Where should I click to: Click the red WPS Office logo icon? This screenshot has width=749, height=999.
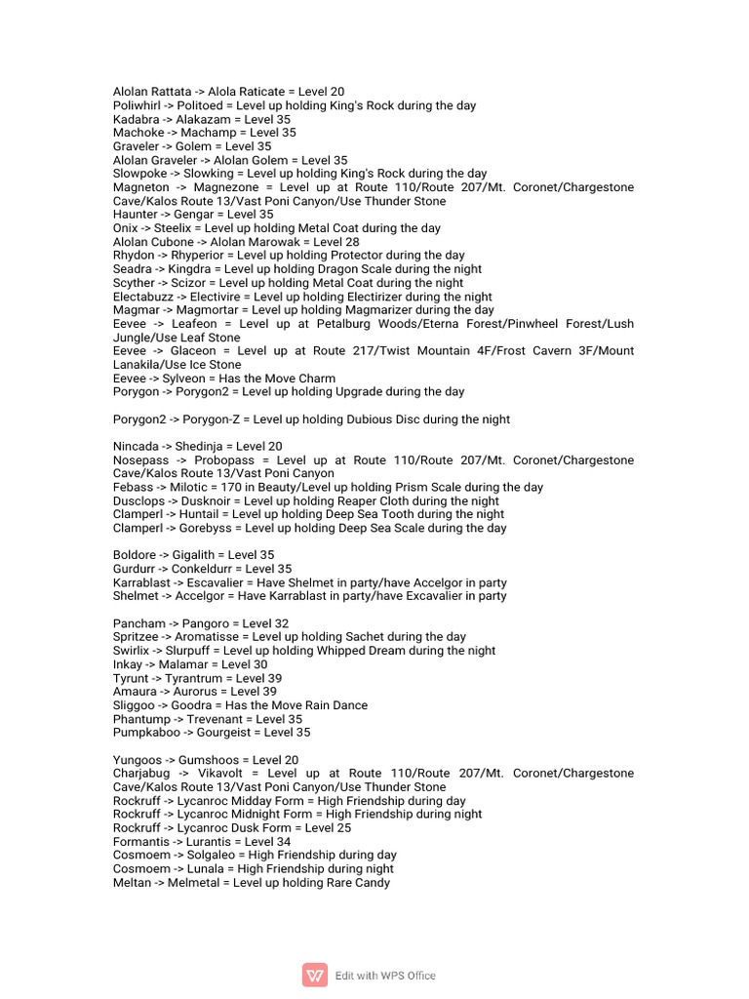click(x=315, y=975)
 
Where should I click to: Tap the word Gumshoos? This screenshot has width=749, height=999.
click(x=208, y=760)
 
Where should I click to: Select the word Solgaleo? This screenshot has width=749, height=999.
click(x=206, y=856)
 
